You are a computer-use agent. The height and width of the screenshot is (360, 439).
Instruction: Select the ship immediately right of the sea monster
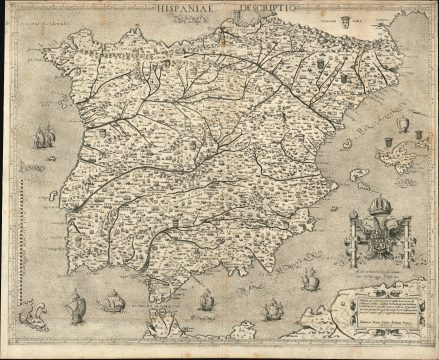76,304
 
